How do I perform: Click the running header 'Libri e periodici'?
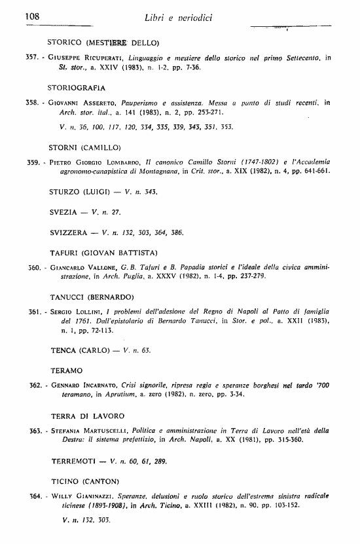tap(179, 15)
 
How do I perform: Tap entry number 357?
tap(33, 58)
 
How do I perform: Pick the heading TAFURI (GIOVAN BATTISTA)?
tap(101, 253)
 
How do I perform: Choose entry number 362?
tap(34, 385)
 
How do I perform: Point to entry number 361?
tap(34, 312)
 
